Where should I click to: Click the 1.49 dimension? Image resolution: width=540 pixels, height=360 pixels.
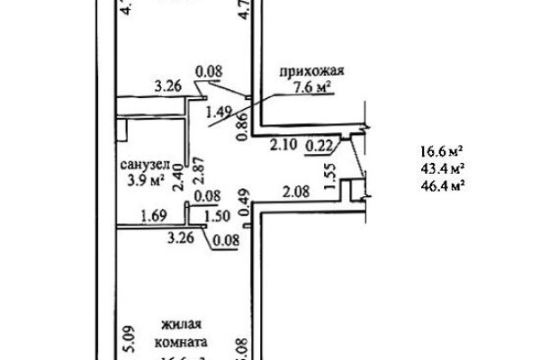click(x=220, y=112)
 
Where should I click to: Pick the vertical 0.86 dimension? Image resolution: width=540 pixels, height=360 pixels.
click(x=241, y=131)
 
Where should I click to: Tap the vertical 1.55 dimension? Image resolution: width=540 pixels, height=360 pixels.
click(x=330, y=172)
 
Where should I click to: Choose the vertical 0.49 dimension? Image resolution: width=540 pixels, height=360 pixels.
click(x=241, y=196)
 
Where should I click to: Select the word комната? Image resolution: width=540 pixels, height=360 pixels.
click(x=181, y=342)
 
